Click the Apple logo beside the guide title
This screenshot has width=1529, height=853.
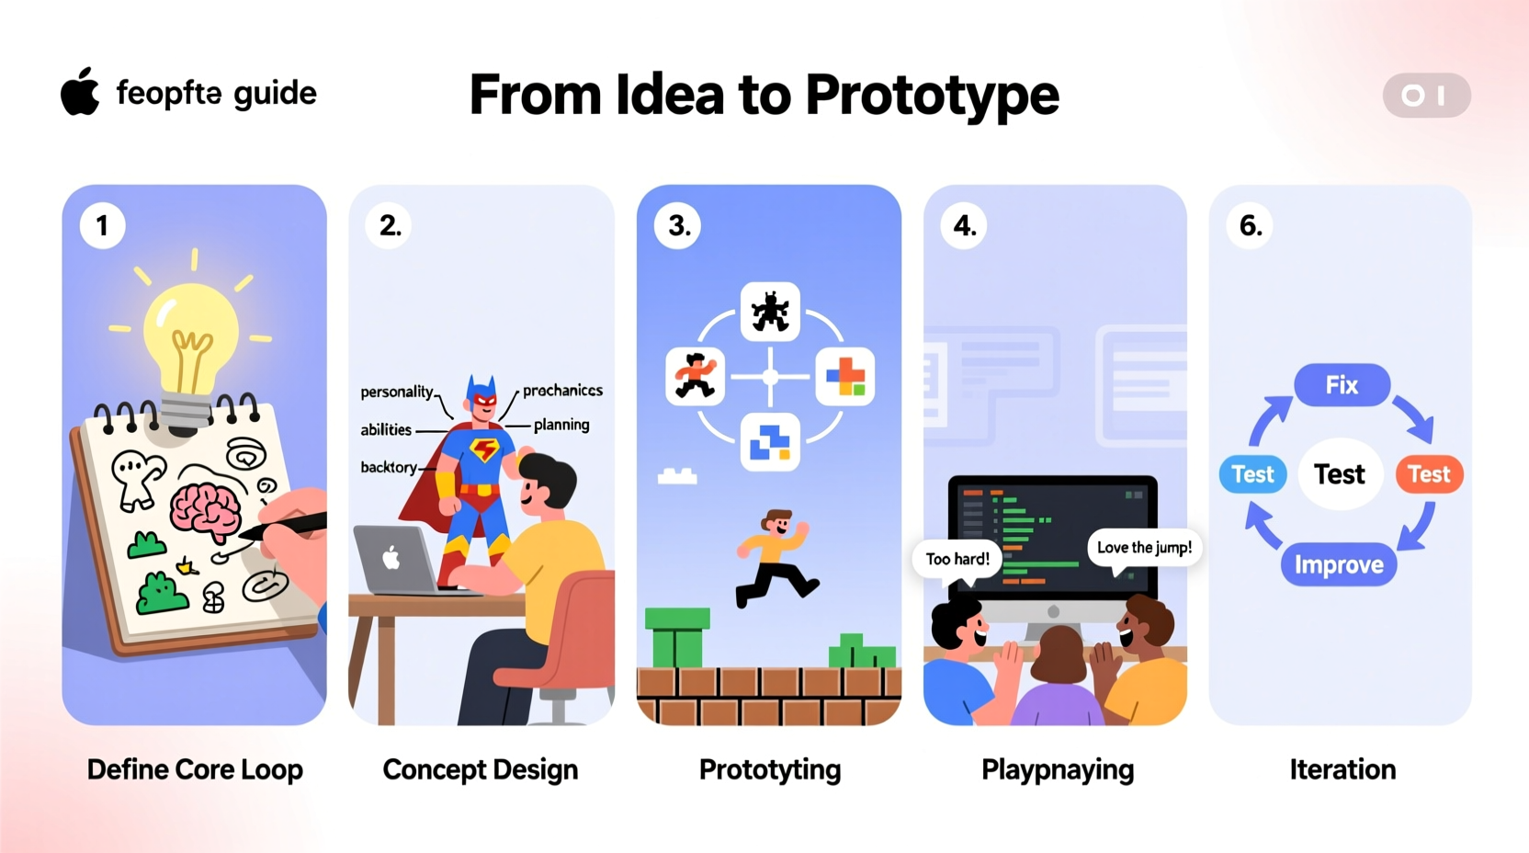[80, 92]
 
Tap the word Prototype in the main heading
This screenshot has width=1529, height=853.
[932, 95]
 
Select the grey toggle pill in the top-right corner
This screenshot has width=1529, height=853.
[1425, 96]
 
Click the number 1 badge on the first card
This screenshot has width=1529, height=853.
[102, 225]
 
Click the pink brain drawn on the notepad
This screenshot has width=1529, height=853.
[206, 508]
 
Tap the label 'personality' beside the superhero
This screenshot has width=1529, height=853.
[396, 392]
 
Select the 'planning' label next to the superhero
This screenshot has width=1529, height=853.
[561, 425]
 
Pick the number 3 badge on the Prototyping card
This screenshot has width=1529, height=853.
[678, 225]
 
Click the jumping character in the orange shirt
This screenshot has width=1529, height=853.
[775, 557]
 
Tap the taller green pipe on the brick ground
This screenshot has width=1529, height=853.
[677, 637]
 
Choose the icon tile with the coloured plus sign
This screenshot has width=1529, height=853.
[844, 377]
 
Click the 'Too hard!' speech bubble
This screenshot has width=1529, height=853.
[957, 559]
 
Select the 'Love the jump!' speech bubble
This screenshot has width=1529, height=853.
[1144, 548]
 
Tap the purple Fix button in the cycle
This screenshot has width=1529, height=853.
[1342, 385]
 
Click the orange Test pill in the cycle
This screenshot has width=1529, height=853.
[1428, 474]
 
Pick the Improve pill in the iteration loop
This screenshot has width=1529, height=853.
[1339, 564]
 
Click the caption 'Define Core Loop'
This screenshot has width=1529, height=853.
[195, 769]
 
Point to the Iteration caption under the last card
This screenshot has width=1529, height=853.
[1342, 769]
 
